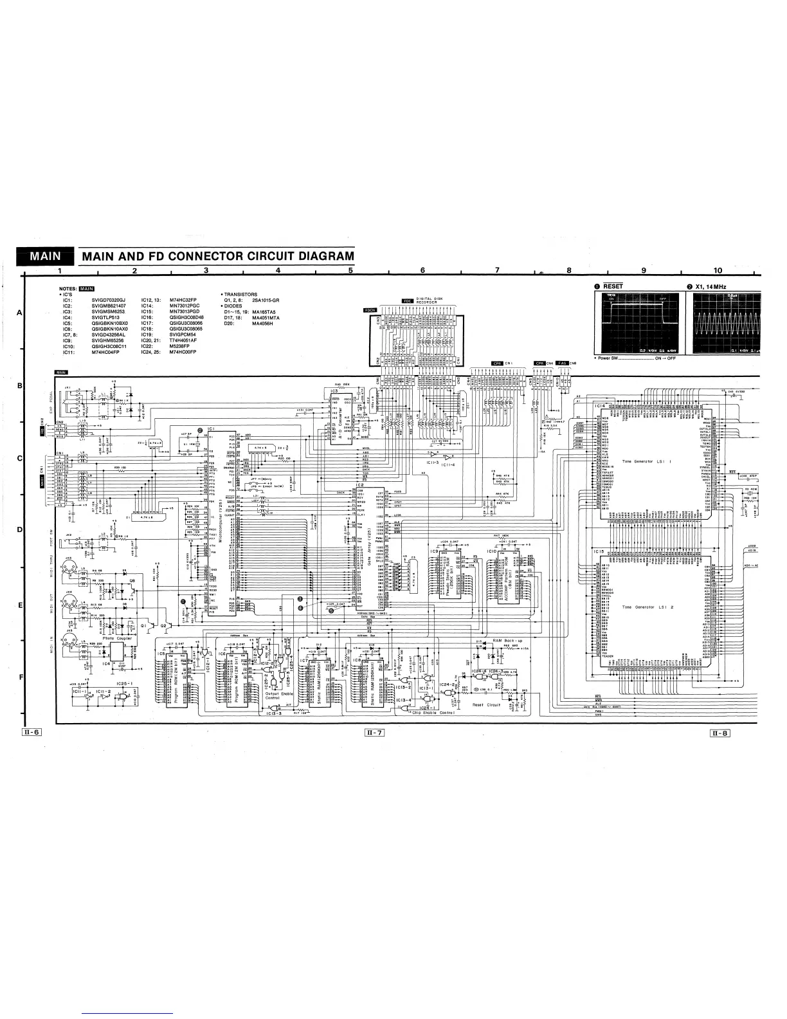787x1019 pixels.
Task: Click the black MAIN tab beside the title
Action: pos(44,257)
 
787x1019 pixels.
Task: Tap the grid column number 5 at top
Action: pos(350,271)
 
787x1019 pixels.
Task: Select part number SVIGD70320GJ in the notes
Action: pos(111,300)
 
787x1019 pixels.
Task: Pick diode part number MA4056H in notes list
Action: pos(263,323)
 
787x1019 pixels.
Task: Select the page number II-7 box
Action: pos(374,732)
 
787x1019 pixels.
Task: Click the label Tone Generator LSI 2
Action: pos(647,607)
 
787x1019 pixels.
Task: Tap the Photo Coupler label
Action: pos(117,638)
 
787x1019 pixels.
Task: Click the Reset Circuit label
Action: pos(486,705)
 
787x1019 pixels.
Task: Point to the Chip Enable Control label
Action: pos(433,713)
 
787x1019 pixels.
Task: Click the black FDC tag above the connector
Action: pos(406,300)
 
